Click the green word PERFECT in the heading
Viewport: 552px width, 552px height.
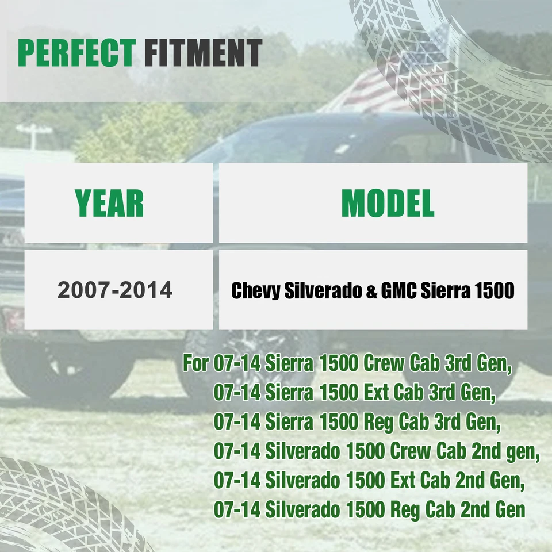76,53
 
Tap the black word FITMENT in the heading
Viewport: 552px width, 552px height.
203,53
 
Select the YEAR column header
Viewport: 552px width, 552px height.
109,203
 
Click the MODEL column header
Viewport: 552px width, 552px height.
388,203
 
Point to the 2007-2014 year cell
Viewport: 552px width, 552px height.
115,290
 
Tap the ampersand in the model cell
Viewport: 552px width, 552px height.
371,292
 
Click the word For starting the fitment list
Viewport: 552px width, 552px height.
195,363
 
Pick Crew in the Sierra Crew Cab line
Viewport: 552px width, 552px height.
384,363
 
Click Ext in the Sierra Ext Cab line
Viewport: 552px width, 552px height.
375,392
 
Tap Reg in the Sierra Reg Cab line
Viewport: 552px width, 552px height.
378,421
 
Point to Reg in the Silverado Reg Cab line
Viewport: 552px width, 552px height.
405,510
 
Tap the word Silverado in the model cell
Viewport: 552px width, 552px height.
323,291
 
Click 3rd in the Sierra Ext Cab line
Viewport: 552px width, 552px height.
442,392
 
